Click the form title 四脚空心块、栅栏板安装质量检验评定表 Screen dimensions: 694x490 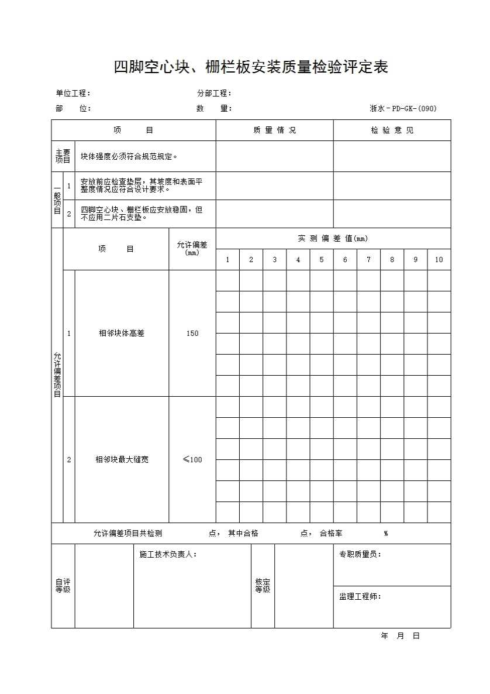[x=251, y=67]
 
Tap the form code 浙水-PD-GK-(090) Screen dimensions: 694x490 [x=403, y=108]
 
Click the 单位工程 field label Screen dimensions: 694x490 [x=73, y=93]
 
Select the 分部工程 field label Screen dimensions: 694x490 [x=214, y=93]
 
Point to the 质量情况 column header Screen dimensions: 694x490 [x=274, y=130]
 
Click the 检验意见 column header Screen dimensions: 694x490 [x=392, y=130]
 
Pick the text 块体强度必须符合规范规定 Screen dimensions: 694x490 [x=129, y=156]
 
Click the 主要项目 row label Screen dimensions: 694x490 [x=63, y=156]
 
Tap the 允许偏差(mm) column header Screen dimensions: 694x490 [x=192, y=248]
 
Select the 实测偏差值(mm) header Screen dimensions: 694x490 [x=333, y=238]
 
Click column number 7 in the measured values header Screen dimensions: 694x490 [x=368, y=260]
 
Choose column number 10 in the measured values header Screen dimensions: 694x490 [x=439, y=260]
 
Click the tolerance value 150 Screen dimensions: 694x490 [x=192, y=334]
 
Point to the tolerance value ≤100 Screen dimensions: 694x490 [x=192, y=460]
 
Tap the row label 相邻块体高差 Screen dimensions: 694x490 [x=122, y=334]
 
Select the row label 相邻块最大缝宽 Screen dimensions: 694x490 [x=122, y=460]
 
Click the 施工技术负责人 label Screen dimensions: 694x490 [x=168, y=554]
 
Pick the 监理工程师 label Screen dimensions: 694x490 [x=360, y=596]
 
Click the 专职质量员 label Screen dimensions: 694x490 [x=360, y=554]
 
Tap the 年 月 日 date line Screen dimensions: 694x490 [x=400, y=636]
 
